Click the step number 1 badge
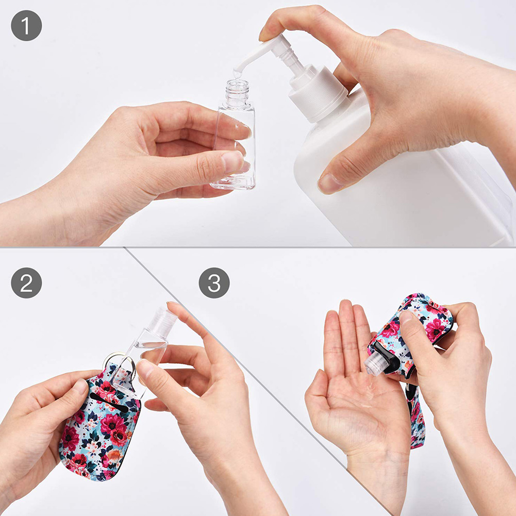[26, 25]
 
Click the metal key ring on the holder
[122, 363]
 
